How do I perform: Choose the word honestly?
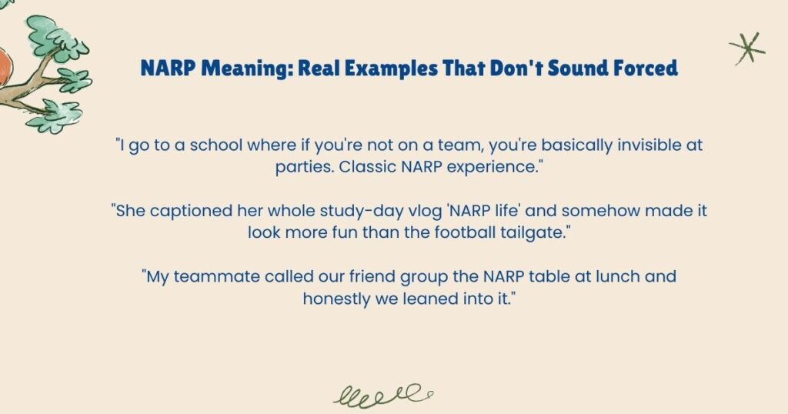[338, 297]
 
